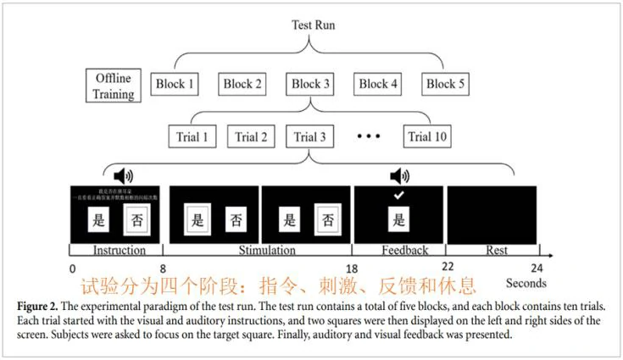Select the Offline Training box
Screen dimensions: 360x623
pos(114,85)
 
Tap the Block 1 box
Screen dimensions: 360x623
pos(175,84)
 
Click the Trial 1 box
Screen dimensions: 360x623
pos(186,136)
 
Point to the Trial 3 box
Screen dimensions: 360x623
pos(311,136)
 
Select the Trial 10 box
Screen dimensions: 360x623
pos(428,136)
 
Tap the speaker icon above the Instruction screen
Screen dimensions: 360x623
pos(125,176)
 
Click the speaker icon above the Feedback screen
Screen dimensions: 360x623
pos(399,176)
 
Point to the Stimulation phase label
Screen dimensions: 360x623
pos(259,251)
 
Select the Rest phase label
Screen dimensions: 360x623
pos(497,251)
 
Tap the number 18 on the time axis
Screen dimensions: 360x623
pos(353,267)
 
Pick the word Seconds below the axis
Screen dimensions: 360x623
pos(526,283)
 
